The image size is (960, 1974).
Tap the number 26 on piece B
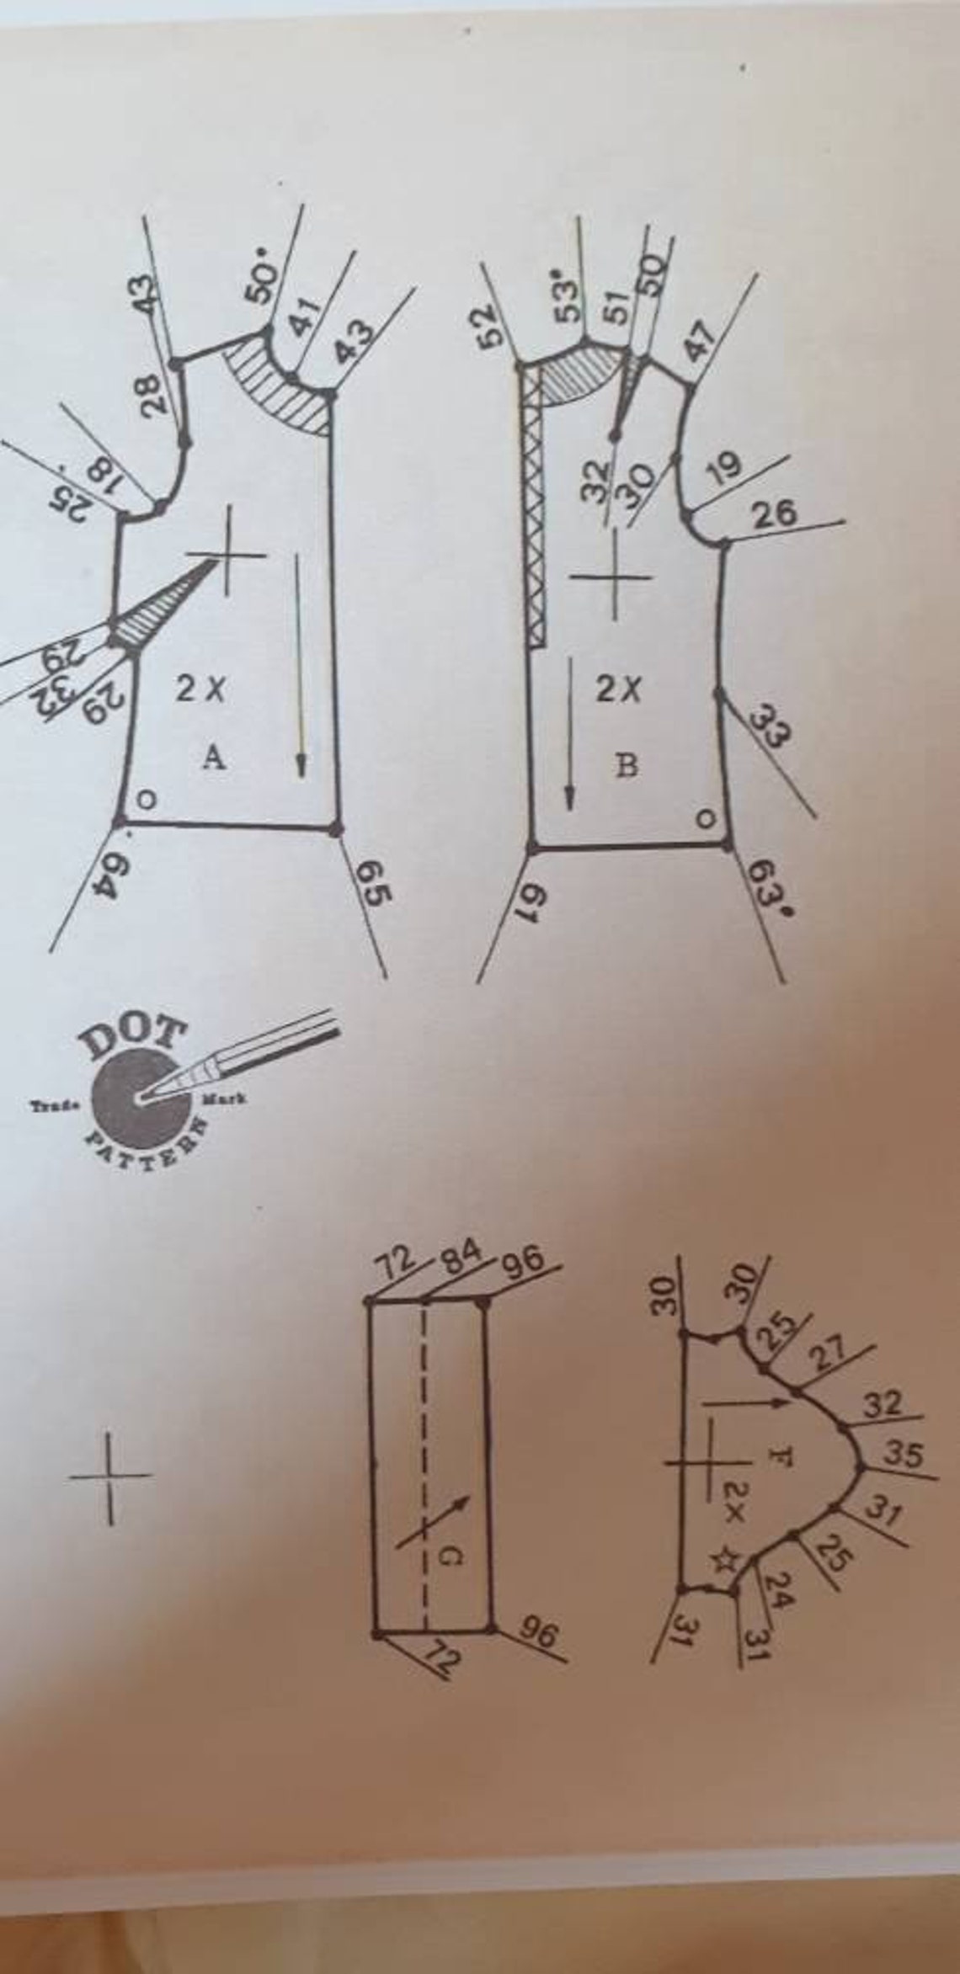[x=775, y=513]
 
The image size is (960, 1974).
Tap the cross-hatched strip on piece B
[x=536, y=505]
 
